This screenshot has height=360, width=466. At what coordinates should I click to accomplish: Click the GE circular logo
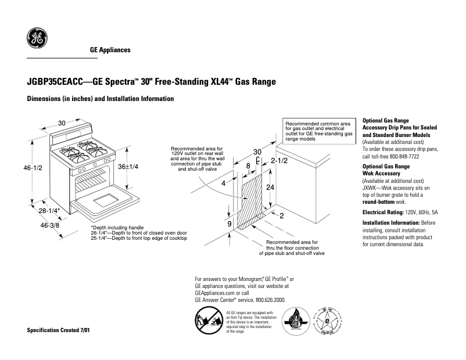(37, 39)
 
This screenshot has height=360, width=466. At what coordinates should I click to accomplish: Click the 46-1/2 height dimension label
(33, 168)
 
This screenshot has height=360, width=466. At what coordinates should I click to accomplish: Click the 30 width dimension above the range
(62, 123)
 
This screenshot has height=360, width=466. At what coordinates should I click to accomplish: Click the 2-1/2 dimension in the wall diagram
(280, 160)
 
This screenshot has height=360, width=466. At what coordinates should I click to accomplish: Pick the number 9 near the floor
(230, 224)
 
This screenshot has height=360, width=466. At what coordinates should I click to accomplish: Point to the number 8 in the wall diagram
(248, 165)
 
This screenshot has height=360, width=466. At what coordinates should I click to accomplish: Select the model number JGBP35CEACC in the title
(51, 82)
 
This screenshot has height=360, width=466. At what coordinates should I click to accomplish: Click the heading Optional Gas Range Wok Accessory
(386, 170)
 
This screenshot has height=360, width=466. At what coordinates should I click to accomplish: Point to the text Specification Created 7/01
(59, 330)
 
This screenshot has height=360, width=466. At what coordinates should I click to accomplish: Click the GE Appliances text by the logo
(110, 50)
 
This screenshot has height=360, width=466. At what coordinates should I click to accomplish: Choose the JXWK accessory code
(370, 188)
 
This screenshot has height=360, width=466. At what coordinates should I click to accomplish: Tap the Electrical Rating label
(383, 213)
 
